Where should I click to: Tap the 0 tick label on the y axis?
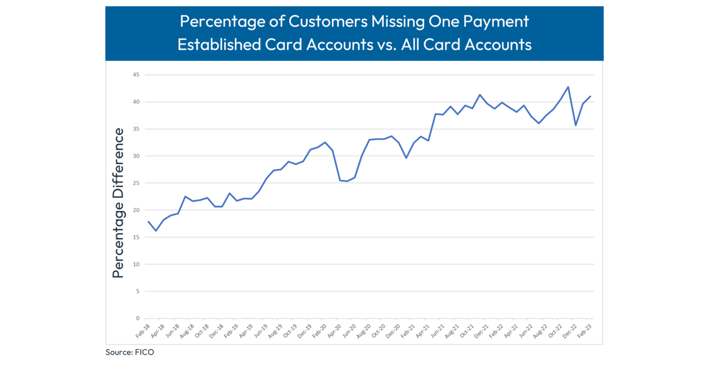(137, 319)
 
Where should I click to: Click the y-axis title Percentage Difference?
(119, 202)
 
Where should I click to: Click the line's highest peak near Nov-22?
(568, 87)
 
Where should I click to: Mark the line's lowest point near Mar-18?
(155, 231)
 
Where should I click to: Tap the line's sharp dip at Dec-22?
(576, 125)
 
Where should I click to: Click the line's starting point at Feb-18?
(148, 221)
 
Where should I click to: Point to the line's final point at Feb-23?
(590, 96)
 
